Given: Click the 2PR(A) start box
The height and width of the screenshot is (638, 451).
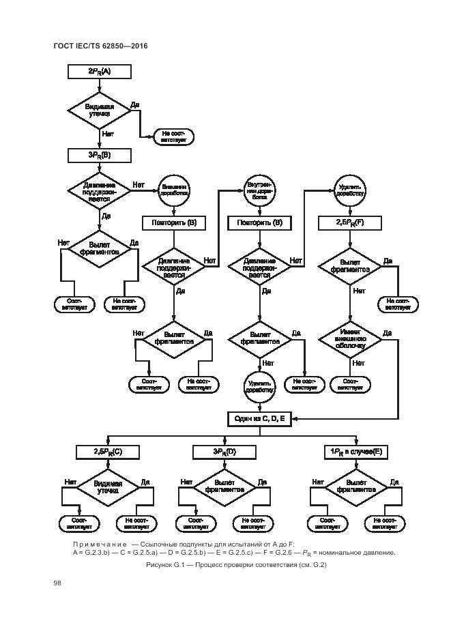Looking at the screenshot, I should click(100, 71).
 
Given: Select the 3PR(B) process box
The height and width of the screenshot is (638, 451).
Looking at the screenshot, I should click(100, 156).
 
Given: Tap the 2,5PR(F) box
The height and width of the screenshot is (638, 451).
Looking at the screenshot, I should click(350, 222).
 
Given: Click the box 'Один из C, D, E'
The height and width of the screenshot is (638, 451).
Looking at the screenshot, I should click(260, 418).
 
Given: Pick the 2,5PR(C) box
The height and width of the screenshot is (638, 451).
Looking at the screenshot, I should click(108, 452).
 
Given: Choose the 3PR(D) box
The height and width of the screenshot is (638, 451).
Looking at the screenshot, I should click(224, 452).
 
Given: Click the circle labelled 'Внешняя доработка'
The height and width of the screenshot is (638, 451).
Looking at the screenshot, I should click(174, 189).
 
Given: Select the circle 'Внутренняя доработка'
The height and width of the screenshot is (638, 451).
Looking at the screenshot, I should click(260, 189).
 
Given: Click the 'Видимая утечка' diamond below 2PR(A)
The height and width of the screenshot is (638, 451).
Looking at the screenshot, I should click(100, 111).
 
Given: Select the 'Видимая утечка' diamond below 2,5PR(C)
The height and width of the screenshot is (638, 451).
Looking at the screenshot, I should click(108, 489).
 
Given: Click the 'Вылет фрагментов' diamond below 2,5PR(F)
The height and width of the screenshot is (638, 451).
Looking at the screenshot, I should click(350, 266).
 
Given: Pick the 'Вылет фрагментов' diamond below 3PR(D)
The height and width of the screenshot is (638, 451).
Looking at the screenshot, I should click(224, 489).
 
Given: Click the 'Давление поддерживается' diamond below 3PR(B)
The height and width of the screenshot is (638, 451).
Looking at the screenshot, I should click(100, 191).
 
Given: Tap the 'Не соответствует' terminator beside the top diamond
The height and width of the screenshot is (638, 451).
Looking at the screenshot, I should click(174, 136).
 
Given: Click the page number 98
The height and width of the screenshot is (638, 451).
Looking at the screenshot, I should click(57, 582).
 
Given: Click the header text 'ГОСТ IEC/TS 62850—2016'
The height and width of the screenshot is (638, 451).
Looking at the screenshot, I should click(100, 46).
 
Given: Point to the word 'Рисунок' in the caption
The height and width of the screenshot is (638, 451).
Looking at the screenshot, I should click(161, 565).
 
